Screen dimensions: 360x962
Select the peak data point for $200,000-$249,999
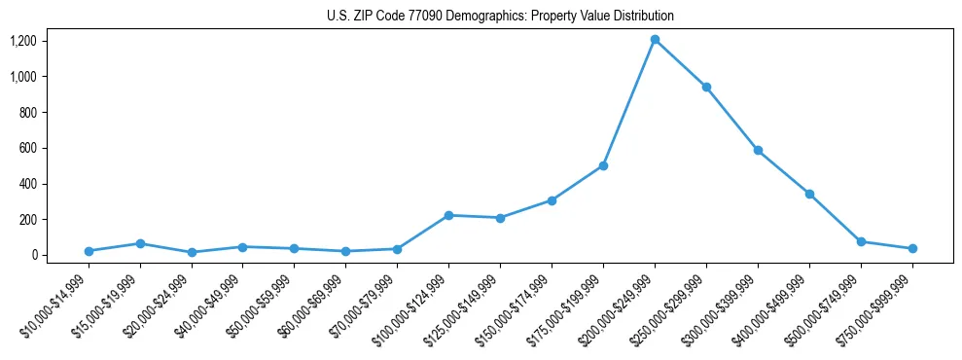[x=655, y=40]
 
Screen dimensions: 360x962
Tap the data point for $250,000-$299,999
[x=706, y=88]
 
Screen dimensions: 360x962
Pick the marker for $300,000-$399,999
[x=758, y=151]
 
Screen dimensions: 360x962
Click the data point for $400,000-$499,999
[x=809, y=194]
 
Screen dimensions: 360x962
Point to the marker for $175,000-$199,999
[x=603, y=165]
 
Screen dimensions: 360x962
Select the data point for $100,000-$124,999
[x=448, y=215]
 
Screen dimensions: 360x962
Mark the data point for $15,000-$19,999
[x=140, y=243]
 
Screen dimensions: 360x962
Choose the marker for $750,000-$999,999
[x=912, y=249]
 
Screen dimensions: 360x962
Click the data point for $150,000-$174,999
[x=552, y=200]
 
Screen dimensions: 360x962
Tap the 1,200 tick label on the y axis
[x=23, y=41]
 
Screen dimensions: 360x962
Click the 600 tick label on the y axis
[x=28, y=148]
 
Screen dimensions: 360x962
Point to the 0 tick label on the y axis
[x=34, y=255]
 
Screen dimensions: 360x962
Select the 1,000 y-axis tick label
[x=23, y=77]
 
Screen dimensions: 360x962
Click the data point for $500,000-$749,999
[x=861, y=241]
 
